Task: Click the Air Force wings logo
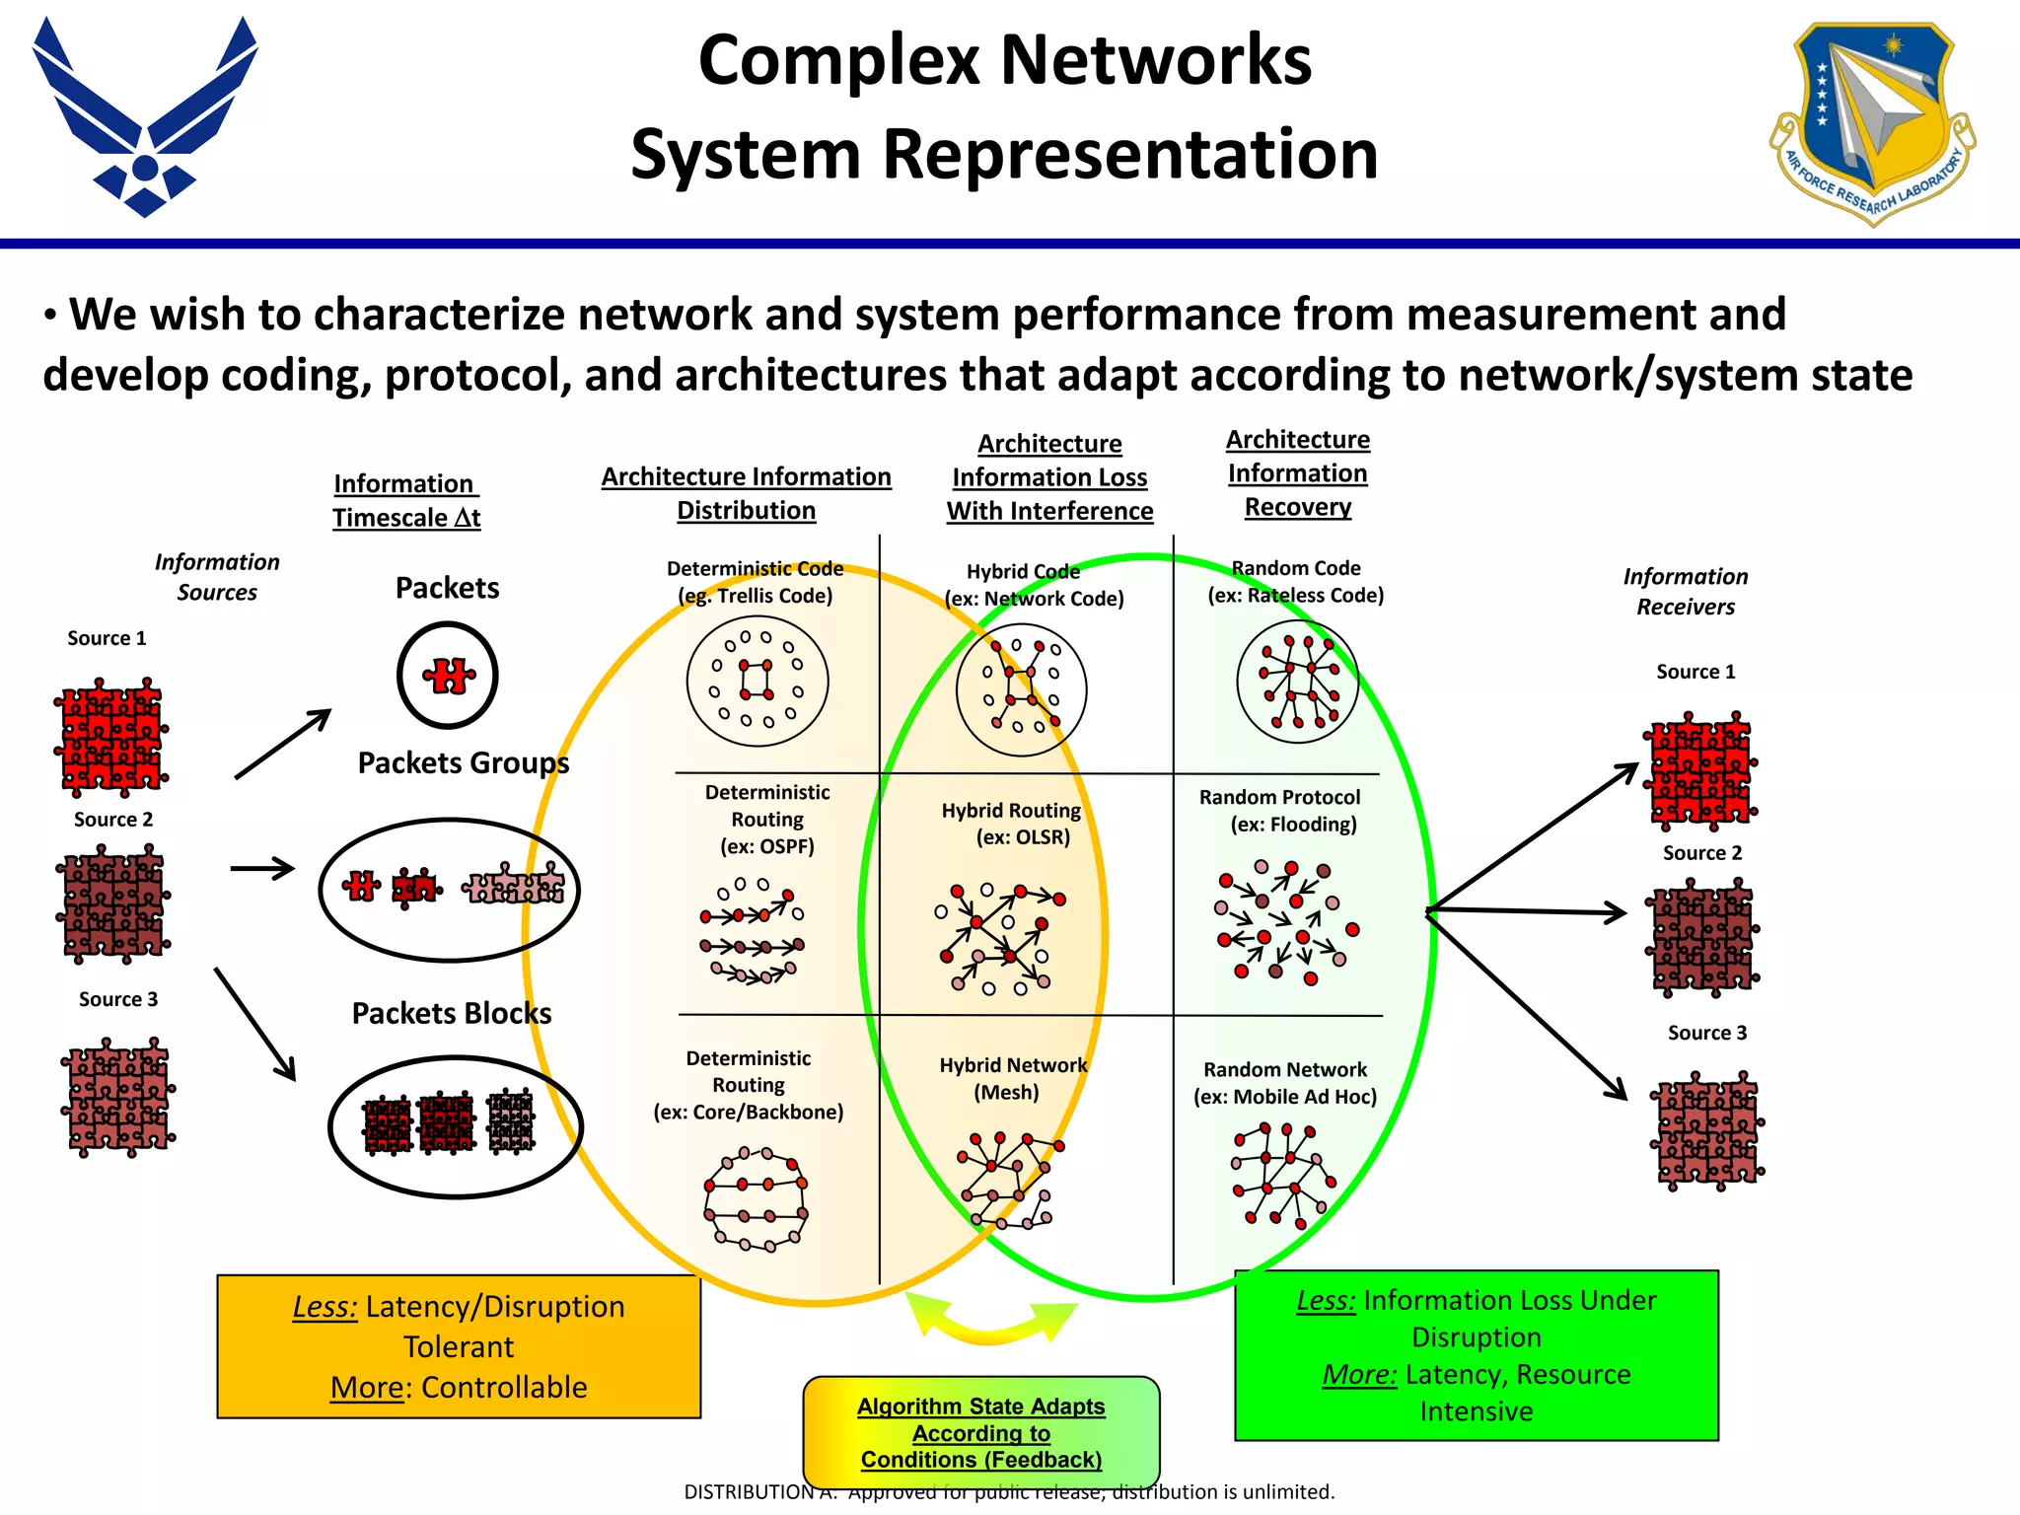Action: click(145, 118)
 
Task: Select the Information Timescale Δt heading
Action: click(405, 501)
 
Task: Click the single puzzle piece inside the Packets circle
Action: click(449, 677)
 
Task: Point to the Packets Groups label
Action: click(463, 762)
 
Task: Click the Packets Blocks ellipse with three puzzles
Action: click(455, 1126)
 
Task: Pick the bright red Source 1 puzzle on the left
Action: click(109, 738)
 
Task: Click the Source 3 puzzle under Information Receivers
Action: click(1707, 1130)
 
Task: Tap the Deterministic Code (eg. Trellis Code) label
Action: click(755, 582)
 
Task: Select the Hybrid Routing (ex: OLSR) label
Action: click(1012, 824)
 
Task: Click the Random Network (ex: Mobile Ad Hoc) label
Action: click(1284, 1083)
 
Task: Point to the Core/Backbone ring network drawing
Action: click(756, 1198)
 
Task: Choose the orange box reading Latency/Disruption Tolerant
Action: click(459, 1346)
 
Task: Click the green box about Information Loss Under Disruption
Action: click(1476, 1355)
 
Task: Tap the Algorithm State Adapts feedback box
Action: click(980, 1432)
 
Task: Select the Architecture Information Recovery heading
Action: click(1297, 473)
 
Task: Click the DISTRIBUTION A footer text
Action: click(1008, 1492)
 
